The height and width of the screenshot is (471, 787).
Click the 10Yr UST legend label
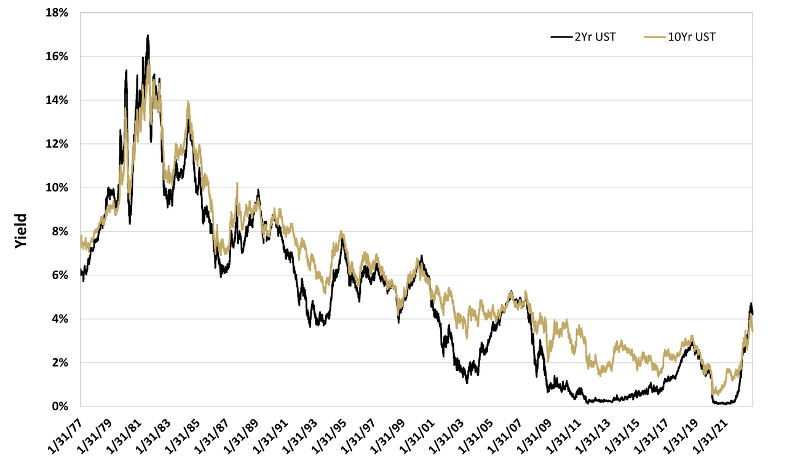(x=692, y=37)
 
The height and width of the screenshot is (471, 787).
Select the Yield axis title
(x=21, y=231)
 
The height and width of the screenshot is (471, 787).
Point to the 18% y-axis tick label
(x=58, y=12)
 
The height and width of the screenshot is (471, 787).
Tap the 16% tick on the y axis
(x=58, y=56)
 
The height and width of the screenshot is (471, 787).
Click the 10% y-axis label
(x=58, y=188)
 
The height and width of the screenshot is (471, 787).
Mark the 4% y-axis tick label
(x=61, y=319)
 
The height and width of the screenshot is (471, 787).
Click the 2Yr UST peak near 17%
(x=148, y=36)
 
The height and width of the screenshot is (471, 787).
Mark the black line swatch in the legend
(x=560, y=37)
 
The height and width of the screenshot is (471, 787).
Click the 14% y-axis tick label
(x=58, y=100)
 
